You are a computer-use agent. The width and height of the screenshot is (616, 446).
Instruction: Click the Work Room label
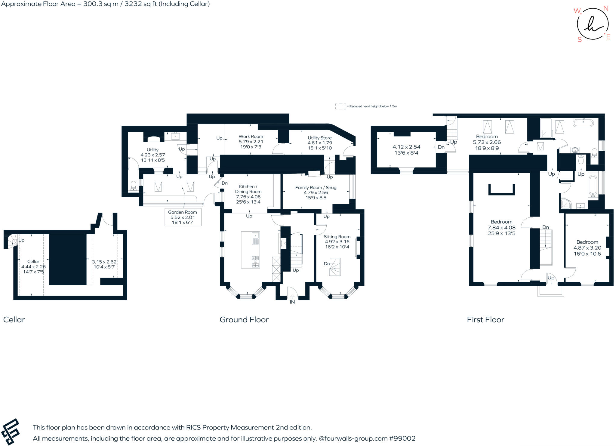(251, 137)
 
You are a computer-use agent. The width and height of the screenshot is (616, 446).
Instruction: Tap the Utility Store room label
(319, 138)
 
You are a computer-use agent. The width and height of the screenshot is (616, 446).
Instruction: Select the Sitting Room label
(337, 237)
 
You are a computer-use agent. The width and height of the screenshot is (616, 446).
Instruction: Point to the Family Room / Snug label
(316, 187)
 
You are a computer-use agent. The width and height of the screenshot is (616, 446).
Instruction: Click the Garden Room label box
(183, 217)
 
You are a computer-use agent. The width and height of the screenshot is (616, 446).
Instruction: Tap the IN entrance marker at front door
(292, 302)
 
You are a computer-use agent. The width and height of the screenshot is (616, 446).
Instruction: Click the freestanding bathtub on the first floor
(583, 123)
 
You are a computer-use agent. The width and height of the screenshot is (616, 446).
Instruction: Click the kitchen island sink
(255, 235)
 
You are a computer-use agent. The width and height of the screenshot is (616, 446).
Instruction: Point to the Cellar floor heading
(14, 320)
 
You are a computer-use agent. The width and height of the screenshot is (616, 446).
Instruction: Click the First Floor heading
(485, 320)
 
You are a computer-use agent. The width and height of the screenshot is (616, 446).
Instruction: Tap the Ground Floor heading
(244, 320)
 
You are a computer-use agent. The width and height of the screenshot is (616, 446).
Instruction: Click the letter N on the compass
(606, 8)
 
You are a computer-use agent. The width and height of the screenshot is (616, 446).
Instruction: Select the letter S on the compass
(580, 40)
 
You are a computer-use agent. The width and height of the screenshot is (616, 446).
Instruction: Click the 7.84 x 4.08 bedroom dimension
(501, 228)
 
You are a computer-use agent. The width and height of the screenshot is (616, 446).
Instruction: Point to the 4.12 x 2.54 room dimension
(406, 147)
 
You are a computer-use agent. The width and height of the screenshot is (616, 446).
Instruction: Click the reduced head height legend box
(340, 106)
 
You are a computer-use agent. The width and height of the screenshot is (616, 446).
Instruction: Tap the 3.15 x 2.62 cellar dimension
(104, 262)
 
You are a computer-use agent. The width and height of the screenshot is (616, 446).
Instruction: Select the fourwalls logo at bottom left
(11, 431)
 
